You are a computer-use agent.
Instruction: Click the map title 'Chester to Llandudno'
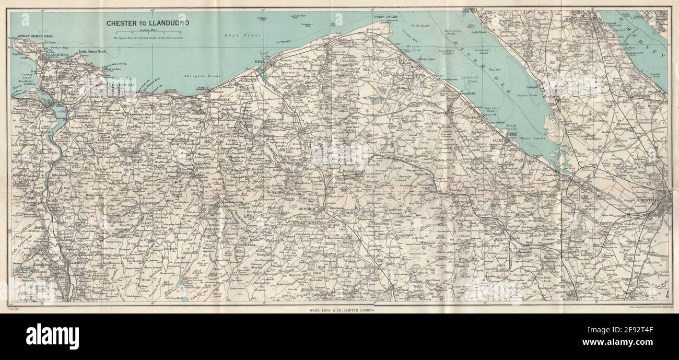[148, 23]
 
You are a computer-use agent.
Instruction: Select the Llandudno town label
[59, 54]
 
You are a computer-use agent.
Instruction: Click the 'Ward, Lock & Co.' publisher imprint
[340, 310]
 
